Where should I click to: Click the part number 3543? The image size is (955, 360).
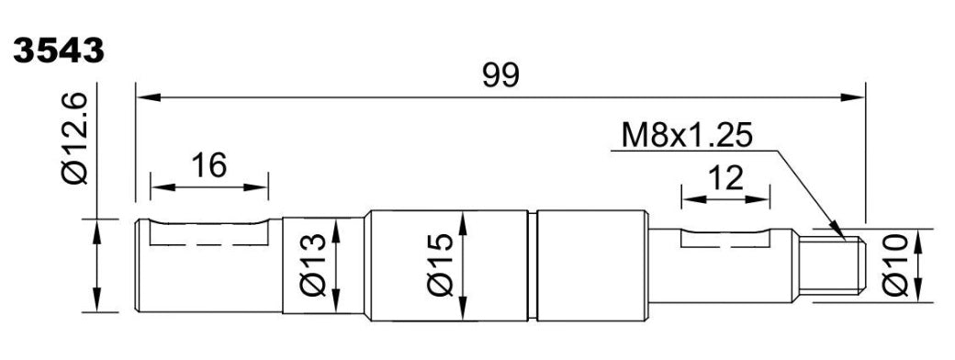tap(59, 51)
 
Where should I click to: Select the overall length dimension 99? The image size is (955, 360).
tap(500, 76)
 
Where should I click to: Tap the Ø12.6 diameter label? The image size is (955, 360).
tap(75, 139)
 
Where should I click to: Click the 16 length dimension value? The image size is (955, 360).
tap(209, 165)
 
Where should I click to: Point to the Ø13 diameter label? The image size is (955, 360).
tap(313, 265)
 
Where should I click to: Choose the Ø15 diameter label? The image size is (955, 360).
tap(441, 264)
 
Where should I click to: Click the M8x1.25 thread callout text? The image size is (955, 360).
tap(687, 136)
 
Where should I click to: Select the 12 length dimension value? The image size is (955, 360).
tap(726, 178)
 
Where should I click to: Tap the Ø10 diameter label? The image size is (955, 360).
tap(895, 265)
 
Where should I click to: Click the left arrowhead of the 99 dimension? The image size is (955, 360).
tap(148, 97)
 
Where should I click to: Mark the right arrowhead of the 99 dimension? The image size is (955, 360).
tap(853, 97)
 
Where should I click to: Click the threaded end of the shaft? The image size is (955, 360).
tap(832, 265)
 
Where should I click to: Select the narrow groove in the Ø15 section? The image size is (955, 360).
tap(533, 265)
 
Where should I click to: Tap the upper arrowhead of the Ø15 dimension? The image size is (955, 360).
tap(463, 223)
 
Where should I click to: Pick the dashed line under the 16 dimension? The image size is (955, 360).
tap(209, 245)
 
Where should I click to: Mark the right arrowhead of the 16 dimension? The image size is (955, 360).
tap(256, 187)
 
